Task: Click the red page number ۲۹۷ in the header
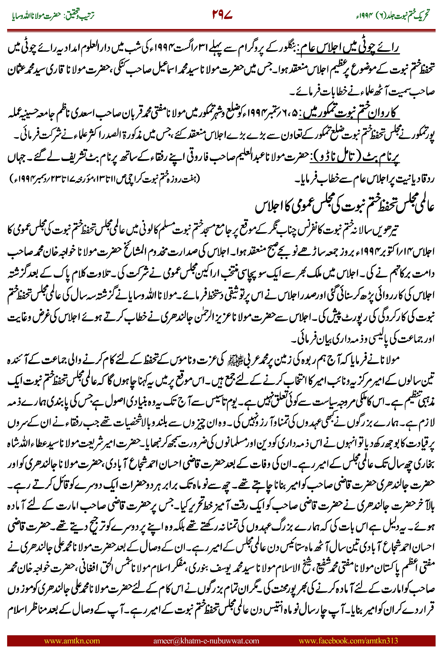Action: click(x=222, y=15)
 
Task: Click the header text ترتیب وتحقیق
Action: click(x=80, y=16)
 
